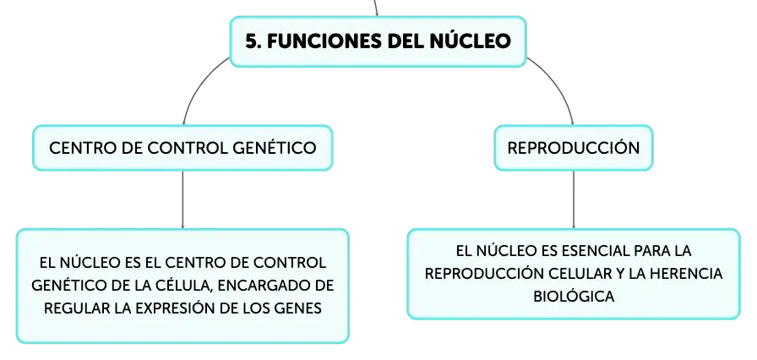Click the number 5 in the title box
click(250, 40)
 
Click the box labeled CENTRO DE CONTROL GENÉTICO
click(183, 147)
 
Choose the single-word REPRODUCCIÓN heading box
click(573, 147)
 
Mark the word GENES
click(297, 308)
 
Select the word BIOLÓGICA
click(574, 297)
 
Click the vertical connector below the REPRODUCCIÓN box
click(573, 198)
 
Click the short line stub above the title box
click(377, 8)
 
